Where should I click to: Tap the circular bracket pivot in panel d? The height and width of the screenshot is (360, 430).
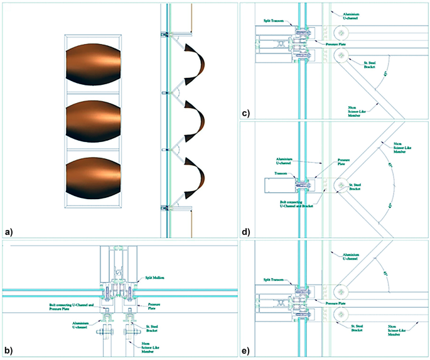341,185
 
